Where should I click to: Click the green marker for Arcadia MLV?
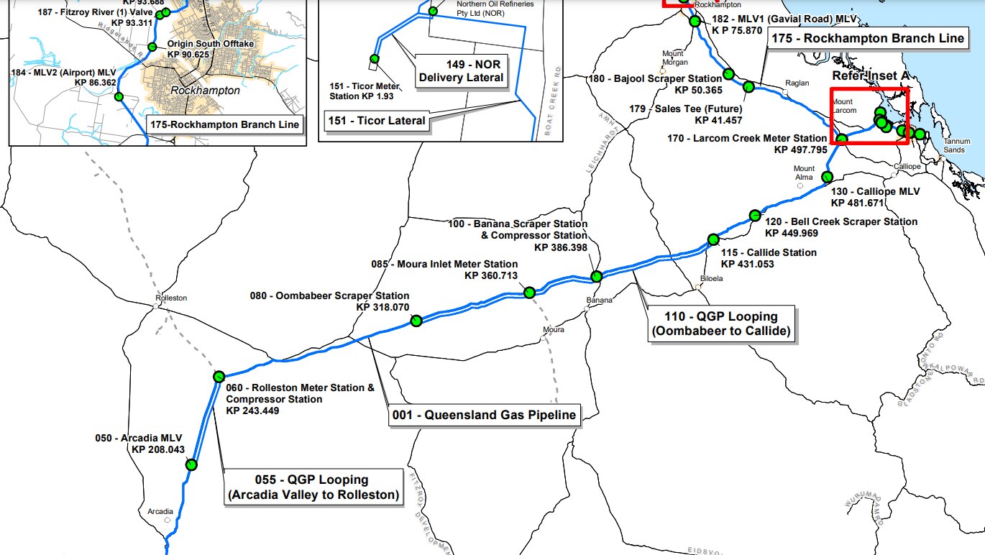(x=191, y=464)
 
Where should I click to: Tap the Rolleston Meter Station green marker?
(x=220, y=377)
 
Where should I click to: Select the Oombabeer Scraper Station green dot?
(x=416, y=322)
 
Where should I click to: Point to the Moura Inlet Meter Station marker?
(x=529, y=292)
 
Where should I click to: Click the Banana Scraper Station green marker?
(x=596, y=276)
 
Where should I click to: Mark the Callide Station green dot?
(x=713, y=239)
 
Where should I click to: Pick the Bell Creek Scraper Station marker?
(x=755, y=215)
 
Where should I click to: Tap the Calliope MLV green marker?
(x=828, y=177)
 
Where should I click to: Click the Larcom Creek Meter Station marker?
(x=842, y=138)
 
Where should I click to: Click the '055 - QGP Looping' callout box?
(x=313, y=487)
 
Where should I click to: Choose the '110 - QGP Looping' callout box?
(x=723, y=324)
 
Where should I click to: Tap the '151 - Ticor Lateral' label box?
(x=377, y=121)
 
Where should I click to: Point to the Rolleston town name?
(x=171, y=298)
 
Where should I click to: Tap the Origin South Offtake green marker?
(x=152, y=47)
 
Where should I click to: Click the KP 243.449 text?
(x=252, y=410)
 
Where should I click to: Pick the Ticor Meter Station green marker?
(x=374, y=59)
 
